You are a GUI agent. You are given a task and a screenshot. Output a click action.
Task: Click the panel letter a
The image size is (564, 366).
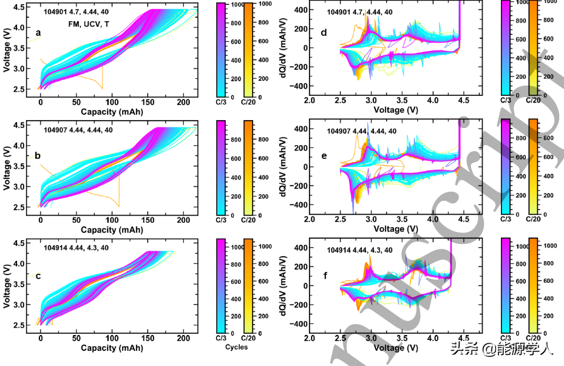39,33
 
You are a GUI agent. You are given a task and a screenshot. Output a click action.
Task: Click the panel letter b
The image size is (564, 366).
38,156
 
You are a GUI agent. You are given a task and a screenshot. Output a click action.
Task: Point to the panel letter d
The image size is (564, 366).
324,33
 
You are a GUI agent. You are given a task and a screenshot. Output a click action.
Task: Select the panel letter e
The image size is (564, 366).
324,156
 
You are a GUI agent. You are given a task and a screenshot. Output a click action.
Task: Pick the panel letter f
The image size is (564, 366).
325,276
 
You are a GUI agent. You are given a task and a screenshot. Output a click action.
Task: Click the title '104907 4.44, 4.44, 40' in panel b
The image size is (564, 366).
78,129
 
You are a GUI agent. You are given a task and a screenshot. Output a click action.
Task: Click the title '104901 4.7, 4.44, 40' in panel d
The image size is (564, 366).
359,12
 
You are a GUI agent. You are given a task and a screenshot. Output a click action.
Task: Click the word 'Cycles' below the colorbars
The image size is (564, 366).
236,347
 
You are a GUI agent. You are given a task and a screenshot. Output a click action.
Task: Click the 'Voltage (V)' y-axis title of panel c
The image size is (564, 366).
7,284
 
